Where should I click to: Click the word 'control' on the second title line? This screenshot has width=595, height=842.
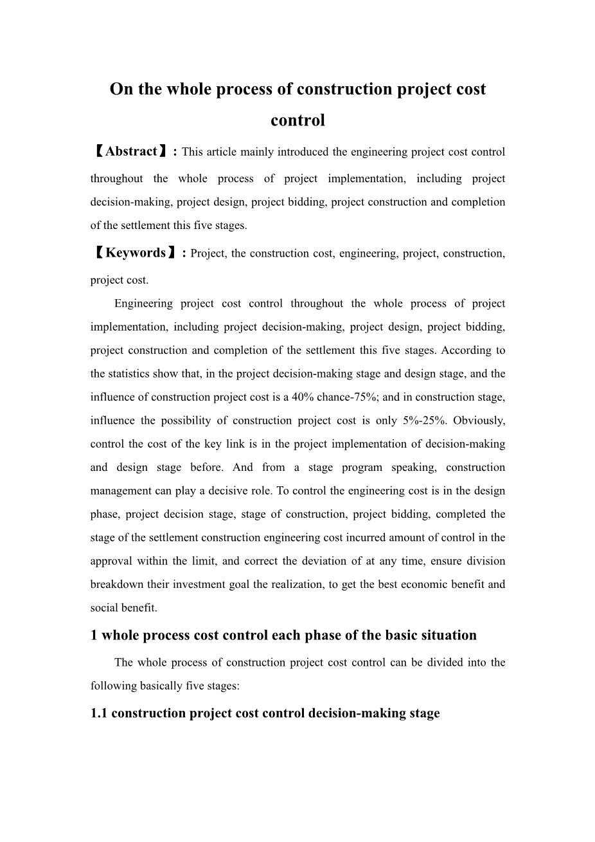pos(297,120)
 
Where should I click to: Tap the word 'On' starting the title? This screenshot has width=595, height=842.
pos(120,89)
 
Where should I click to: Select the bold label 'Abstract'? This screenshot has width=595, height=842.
pos(131,152)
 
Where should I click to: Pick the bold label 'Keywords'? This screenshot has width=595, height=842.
pos(136,253)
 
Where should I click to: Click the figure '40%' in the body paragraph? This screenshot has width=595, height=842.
pos(302,398)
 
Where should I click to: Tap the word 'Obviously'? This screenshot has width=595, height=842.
pos(481,421)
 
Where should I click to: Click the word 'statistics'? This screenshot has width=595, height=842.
pos(129,374)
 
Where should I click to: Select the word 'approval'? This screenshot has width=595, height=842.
pos(111,561)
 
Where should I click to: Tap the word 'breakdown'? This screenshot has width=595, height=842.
pos(114,585)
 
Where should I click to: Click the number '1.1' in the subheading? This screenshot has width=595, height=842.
pos(100,713)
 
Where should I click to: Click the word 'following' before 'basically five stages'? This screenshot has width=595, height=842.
pos(112,686)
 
